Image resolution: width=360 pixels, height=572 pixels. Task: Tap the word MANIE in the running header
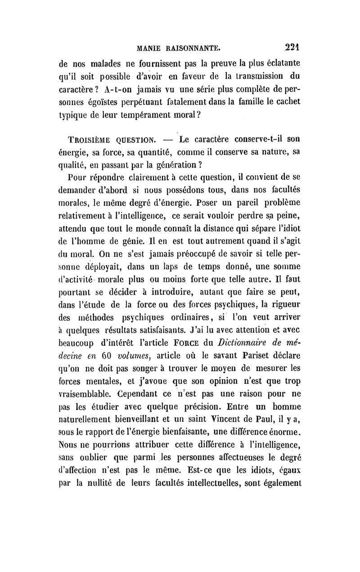(x=153, y=46)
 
